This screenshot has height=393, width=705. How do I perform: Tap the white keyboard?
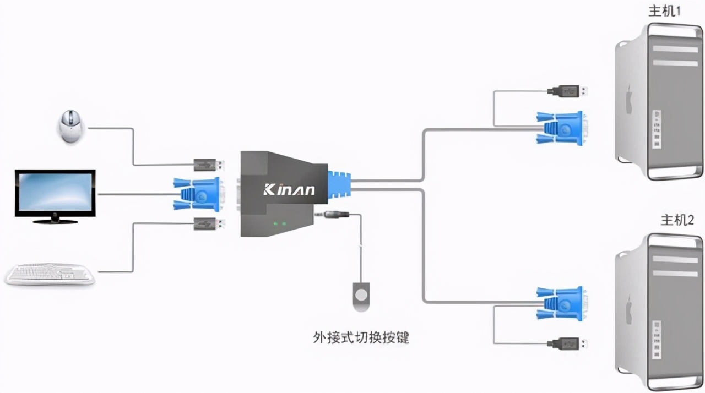[50, 274]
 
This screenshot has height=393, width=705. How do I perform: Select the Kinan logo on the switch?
[289, 190]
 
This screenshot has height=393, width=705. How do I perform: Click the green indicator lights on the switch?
[279, 224]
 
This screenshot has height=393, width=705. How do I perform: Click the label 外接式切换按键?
[361, 337]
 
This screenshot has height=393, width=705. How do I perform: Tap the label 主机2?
[677, 220]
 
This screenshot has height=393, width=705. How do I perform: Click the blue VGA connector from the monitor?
[198, 194]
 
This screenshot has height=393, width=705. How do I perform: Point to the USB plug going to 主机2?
[567, 343]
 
